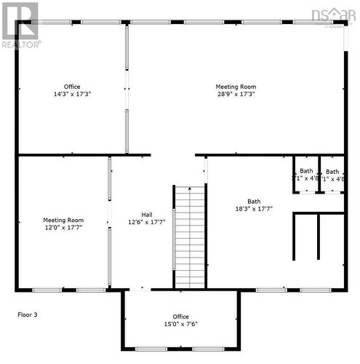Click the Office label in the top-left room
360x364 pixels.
tap(72, 87)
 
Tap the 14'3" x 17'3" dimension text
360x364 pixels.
tap(72, 94)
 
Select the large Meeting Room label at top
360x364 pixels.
tap(236, 87)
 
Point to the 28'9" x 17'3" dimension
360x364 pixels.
tap(236, 94)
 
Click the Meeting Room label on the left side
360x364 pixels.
tap(63, 220)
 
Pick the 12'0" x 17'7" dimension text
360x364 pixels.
tap(63, 227)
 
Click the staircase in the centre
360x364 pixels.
tap(191, 237)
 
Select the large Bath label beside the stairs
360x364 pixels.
tap(254, 202)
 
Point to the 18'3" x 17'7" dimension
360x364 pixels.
tap(254, 209)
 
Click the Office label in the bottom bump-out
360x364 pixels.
tap(180, 317)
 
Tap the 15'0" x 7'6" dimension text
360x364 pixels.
tap(180, 324)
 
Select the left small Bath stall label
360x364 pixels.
tap(306, 171)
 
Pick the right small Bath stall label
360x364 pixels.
tap(332, 171)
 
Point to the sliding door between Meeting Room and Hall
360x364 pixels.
tap(109, 222)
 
